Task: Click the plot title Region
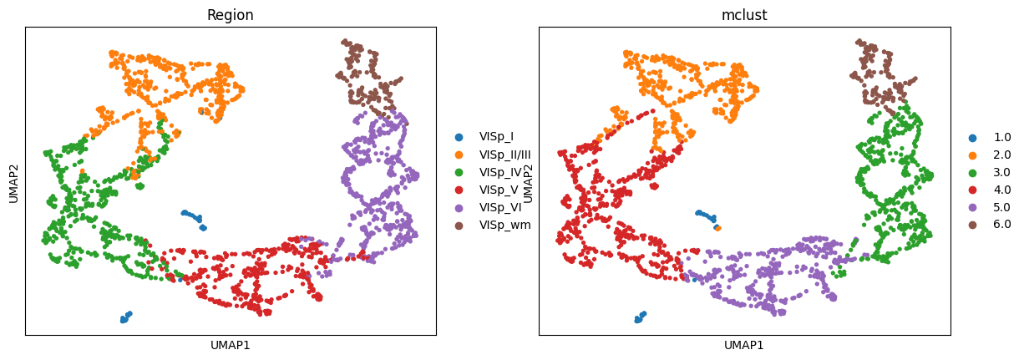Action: point(231,15)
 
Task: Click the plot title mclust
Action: point(744,15)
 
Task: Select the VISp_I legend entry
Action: point(496,136)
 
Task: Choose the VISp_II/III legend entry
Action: point(504,154)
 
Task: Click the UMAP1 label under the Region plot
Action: point(231,345)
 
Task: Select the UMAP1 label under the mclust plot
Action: point(744,345)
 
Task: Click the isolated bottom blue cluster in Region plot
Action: point(125,317)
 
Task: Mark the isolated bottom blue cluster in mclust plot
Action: point(639,317)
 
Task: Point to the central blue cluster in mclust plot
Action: point(707,218)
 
